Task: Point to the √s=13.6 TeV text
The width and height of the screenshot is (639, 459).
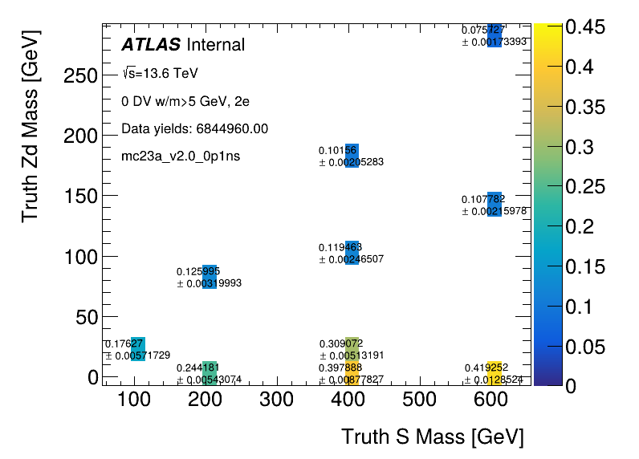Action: pos(160,73)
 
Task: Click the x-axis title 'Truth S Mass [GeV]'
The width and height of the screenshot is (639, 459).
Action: pos(432,437)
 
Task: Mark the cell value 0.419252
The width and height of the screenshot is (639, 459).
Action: pos(486,368)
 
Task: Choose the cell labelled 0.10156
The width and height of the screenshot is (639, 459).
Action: pos(337,150)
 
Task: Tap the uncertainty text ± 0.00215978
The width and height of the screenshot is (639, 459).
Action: pos(494,211)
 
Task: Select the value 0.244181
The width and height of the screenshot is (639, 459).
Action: pos(197,368)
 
